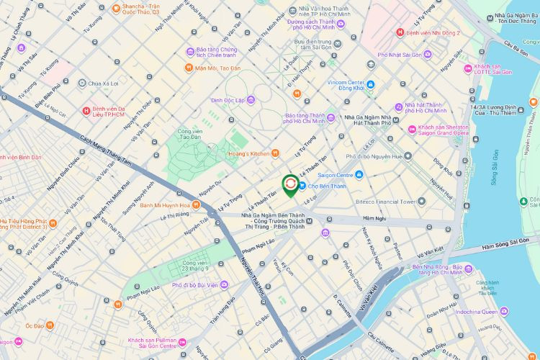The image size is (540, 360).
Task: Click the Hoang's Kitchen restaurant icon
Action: pos(276,153)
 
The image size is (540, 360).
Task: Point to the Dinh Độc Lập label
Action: pos(229,99)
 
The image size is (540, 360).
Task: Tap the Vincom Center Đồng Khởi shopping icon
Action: pos(370,85)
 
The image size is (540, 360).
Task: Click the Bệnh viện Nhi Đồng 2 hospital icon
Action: pos(400,32)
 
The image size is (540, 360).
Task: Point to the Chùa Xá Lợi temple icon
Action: pos(83,84)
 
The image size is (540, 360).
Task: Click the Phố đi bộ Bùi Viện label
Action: pos(194,285)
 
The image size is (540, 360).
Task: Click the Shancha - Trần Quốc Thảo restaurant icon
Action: pos(116,8)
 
